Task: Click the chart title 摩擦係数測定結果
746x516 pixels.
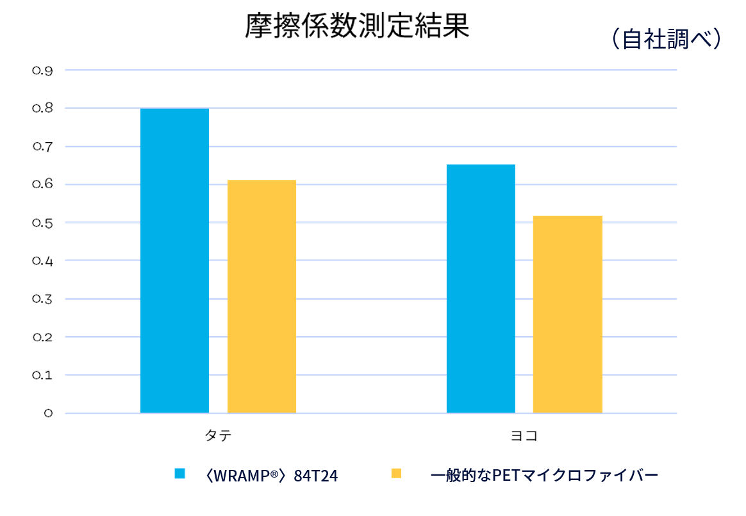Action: pyautogui.click(x=357, y=28)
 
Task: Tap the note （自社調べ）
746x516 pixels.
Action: pyautogui.click(x=666, y=39)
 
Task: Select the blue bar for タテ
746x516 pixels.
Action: pyautogui.click(x=174, y=261)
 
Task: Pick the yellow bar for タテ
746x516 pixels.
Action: pyautogui.click(x=261, y=296)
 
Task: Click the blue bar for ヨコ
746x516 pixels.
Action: pyautogui.click(x=481, y=289)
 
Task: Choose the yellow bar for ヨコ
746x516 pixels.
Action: pyautogui.click(x=567, y=314)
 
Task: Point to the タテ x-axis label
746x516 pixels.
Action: pyautogui.click(x=218, y=436)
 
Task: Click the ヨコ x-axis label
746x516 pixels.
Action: pyautogui.click(x=524, y=436)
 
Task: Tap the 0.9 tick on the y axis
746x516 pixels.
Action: pyautogui.click(x=42, y=70)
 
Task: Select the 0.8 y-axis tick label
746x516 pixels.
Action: pyautogui.click(x=42, y=109)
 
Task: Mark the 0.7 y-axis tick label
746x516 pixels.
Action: pyautogui.click(x=42, y=147)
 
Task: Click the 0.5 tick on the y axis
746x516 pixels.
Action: pyautogui.click(x=42, y=223)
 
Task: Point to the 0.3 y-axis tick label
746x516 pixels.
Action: pyautogui.click(x=42, y=299)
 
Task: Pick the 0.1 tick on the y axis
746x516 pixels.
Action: pyautogui.click(x=42, y=375)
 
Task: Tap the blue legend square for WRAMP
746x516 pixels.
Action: pyautogui.click(x=179, y=474)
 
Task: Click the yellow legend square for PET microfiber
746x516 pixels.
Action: pyautogui.click(x=396, y=474)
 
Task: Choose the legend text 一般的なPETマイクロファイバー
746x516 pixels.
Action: pyautogui.click(x=545, y=475)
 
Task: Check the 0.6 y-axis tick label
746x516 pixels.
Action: pyautogui.click(x=42, y=185)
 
